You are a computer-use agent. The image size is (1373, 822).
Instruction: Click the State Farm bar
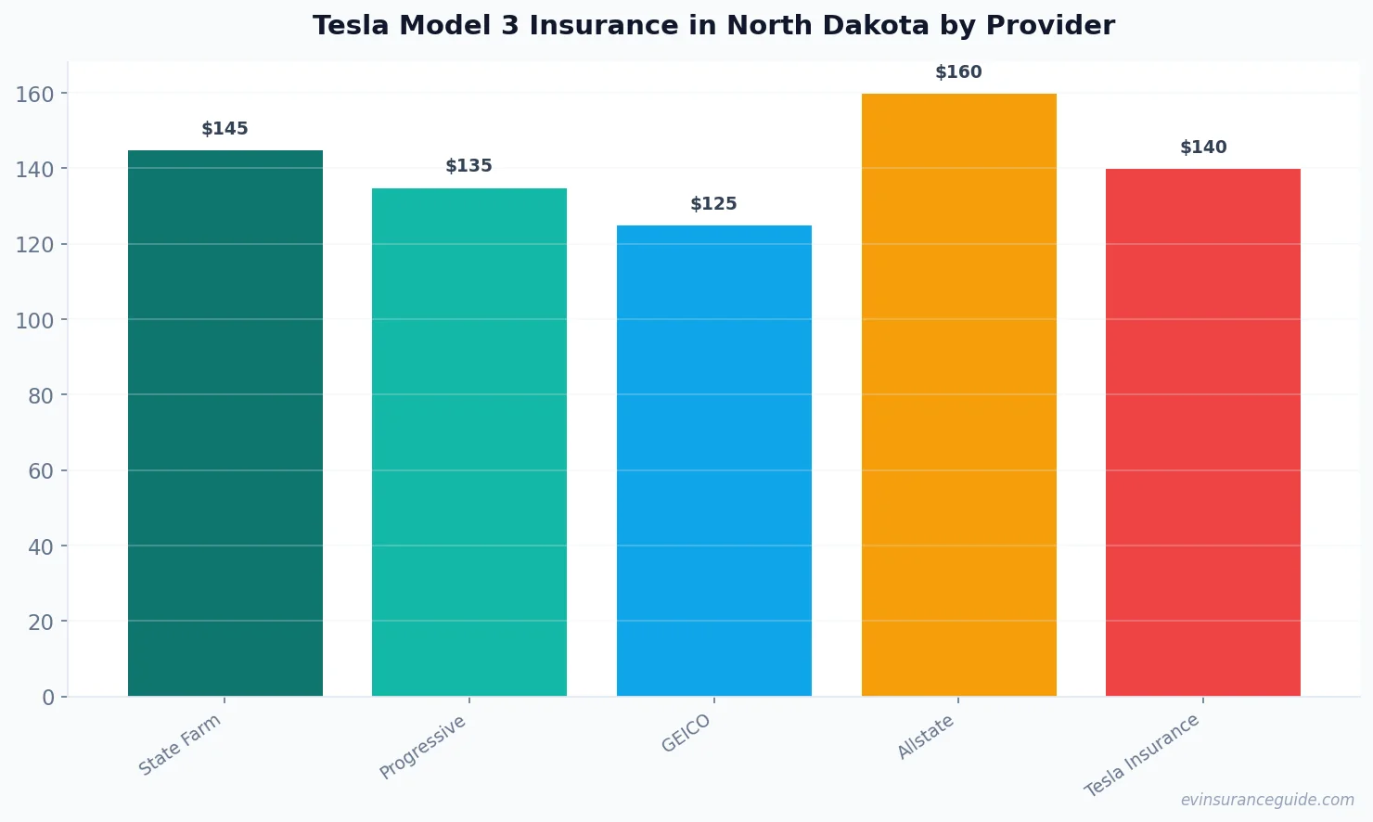tap(225, 423)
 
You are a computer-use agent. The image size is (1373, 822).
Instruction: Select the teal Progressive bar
tap(469, 442)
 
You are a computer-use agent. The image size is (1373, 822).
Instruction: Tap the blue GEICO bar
tap(714, 460)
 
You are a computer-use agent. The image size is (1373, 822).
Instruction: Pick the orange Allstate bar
tap(958, 394)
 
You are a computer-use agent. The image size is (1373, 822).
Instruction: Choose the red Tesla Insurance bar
tap(1203, 432)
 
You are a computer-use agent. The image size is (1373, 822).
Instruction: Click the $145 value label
tap(225, 129)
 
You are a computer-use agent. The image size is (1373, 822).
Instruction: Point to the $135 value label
tap(469, 166)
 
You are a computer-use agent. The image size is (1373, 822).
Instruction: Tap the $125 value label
tap(714, 204)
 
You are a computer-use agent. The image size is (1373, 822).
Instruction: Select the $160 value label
tap(958, 72)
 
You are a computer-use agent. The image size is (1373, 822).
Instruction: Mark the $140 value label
tap(1203, 148)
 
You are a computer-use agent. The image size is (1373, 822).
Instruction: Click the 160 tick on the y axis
tap(35, 94)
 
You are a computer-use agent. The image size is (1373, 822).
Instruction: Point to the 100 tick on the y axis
tap(35, 320)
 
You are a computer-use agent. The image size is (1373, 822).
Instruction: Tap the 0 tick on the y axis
tap(48, 698)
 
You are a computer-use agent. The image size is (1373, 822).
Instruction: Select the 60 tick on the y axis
tap(41, 471)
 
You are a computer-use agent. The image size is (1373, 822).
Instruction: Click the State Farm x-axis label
tap(180, 745)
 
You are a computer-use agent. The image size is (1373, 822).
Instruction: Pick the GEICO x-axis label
tap(686, 734)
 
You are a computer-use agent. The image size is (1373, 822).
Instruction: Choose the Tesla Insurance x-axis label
tap(1142, 755)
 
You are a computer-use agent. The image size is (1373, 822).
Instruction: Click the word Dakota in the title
tap(874, 26)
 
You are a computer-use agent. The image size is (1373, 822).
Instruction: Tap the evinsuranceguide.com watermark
tap(1267, 800)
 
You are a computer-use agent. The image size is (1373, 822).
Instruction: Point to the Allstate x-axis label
tap(926, 738)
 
